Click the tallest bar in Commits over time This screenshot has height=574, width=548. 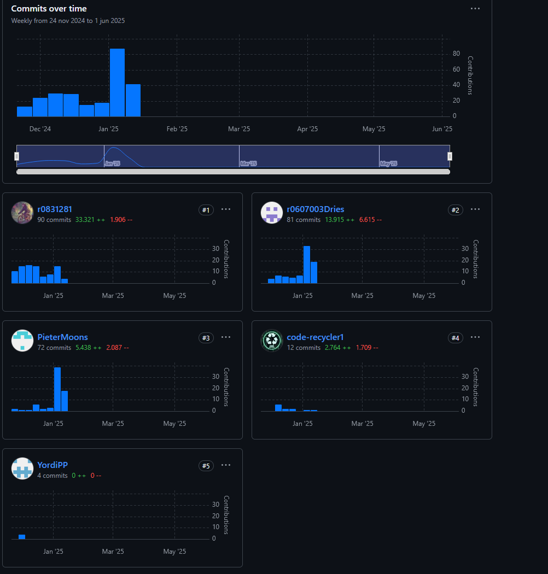coord(117,83)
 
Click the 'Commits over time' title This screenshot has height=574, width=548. coord(49,9)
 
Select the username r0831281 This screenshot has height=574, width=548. coord(55,209)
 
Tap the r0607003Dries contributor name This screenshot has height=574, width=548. coord(316,209)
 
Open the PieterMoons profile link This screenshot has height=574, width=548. coord(62,337)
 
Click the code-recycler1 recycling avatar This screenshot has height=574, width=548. coord(272,341)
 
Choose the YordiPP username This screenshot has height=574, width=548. coord(53,465)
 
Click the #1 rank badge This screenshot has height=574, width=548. coord(206,210)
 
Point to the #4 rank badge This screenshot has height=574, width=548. coord(455,338)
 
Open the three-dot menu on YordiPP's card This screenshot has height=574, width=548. coord(226,465)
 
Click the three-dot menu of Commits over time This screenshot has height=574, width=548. coord(475,9)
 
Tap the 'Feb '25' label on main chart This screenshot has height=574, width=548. coord(177,129)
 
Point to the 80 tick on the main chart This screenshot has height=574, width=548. coord(456,54)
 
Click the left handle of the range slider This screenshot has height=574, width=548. coord(16,156)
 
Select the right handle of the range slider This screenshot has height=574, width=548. coord(450,156)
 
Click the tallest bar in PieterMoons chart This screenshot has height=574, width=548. coord(57,389)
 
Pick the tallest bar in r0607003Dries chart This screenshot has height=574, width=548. coord(307,265)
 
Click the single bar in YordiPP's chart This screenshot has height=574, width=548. coord(22,537)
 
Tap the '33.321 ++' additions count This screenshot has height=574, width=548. coord(89,220)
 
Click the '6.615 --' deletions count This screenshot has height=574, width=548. coord(370,220)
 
